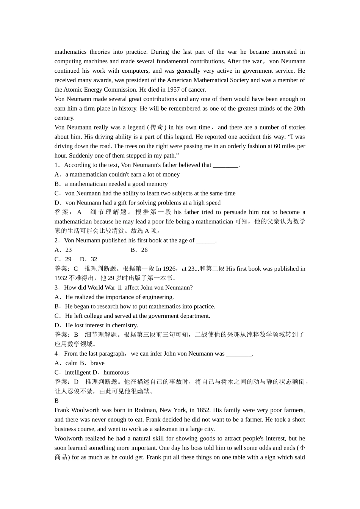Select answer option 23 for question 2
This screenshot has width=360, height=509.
[x=69, y=250]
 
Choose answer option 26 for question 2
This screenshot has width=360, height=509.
[x=144, y=250]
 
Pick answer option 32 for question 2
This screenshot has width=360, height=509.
[x=94, y=259]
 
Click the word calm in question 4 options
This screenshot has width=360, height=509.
[x=72, y=363]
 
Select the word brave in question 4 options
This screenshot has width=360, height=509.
[x=97, y=363]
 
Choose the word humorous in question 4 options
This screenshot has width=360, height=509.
[x=116, y=373]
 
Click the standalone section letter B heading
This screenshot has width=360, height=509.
[x=56, y=401]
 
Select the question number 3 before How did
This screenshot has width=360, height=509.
[x=56, y=288]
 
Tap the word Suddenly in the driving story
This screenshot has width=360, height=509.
[x=80, y=156]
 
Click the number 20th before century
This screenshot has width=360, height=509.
[x=299, y=109]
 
